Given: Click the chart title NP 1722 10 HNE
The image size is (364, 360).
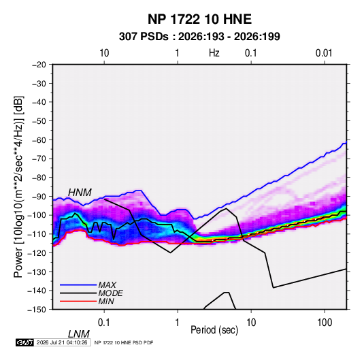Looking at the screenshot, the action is tap(199, 19).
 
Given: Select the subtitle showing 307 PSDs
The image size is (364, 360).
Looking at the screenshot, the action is tap(199, 37).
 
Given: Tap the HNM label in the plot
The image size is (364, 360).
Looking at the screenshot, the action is tap(80, 193).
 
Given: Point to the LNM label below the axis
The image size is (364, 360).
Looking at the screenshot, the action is tap(79, 334).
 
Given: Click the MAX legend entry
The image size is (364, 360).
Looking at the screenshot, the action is tap(107, 284).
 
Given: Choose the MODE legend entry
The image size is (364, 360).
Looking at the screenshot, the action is tap(110, 293).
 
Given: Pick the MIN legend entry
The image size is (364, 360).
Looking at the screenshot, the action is tap(106, 301).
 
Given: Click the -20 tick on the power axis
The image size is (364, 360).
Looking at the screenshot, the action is tap(39, 65).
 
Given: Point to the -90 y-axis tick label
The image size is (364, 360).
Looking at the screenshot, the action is tap(39, 197).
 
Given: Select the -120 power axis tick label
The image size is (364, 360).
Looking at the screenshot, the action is tap(37, 253).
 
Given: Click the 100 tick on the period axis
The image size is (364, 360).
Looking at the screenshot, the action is tap(325, 323).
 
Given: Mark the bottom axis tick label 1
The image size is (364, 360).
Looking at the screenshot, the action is tap(178, 323).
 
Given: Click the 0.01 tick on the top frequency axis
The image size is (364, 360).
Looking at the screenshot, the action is tap(324, 53).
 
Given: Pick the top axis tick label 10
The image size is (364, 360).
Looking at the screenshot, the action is tap(104, 53).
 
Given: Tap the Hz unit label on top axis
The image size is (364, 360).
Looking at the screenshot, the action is tap(214, 53).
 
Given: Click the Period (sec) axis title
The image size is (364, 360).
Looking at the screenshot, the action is tap(214, 330).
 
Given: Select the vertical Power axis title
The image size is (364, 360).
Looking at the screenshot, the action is tap(18, 186).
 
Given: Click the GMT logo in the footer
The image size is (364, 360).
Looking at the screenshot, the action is tap(25, 342).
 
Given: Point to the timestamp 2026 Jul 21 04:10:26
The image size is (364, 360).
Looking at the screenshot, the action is tap(62, 342).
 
